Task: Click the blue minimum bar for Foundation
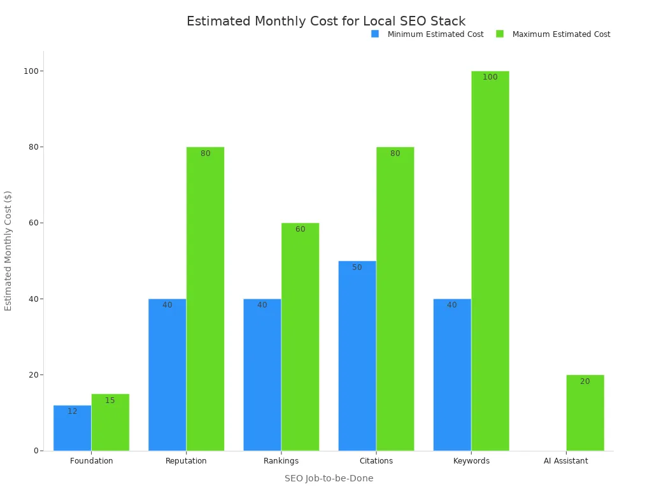pyautogui.click(x=72, y=428)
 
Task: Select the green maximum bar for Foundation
pyautogui.click(x=110, y=422)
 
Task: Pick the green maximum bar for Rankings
pyautogui.click(x=300, y=337)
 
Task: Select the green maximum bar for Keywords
pyautogui.click(x=490, y=261)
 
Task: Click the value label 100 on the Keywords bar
pyautogui.click(x=490, y=77)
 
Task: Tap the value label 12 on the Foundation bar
pyautogui.click(x=72, y=411)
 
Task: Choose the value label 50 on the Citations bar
pyautogui.click(x=357, y=267)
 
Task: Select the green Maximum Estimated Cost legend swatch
pyautogui.click(x=500, y=34)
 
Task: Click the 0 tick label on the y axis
pyautogui.click(x=36, y=451)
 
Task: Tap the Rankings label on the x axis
pyautogui.click(x=281, y=461)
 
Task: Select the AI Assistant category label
pyautogui.click(x=566, y=461)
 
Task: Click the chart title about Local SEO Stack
pyautogui.click(x=326, y=21)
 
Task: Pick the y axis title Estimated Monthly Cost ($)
pyautogui.click(x=8, y=251)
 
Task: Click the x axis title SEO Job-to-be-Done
pyautogui.click(x=329, y=478)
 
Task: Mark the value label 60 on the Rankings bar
pyautogui.click(x=300, y=229)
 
